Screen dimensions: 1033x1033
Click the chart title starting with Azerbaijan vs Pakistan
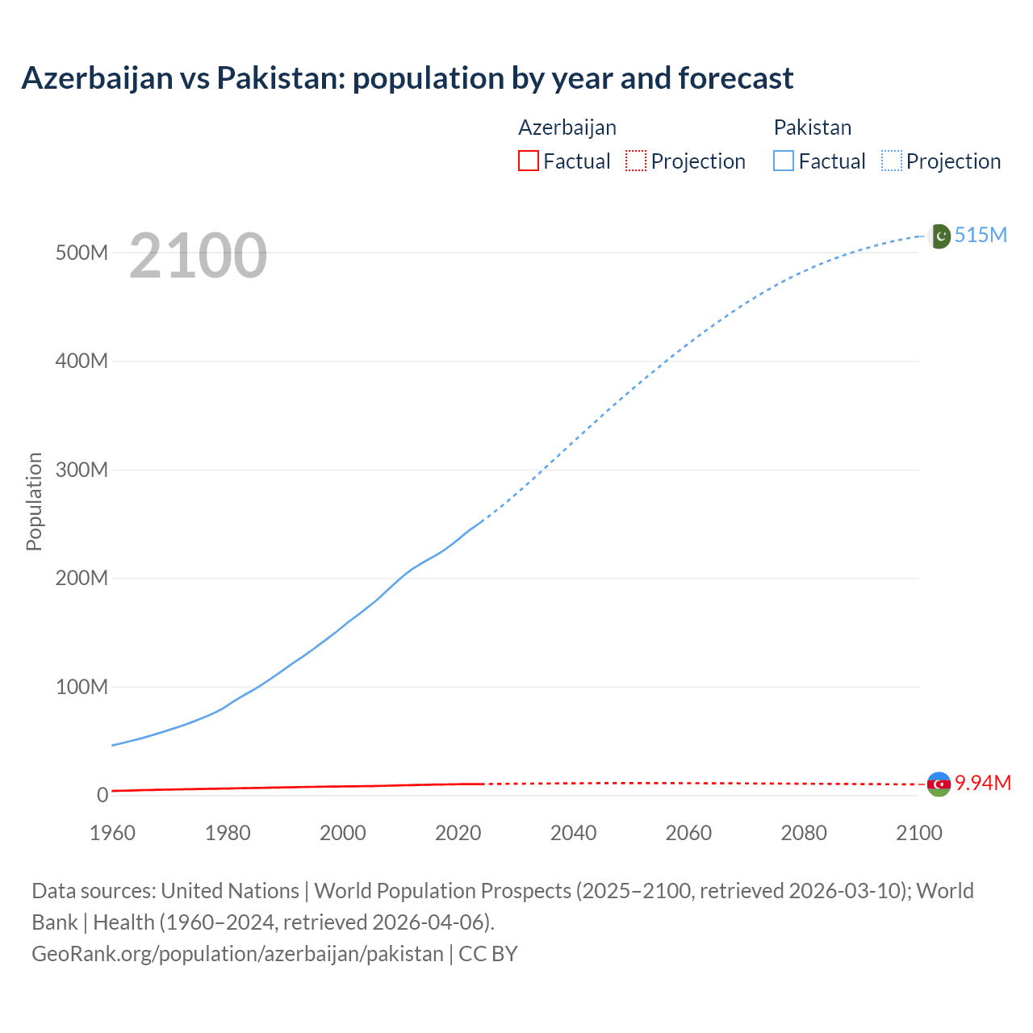pos(408,78)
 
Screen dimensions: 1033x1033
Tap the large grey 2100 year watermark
pos(198,255)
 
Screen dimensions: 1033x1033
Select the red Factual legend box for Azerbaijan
pos(528,161)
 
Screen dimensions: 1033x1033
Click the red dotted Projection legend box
pos(636,161)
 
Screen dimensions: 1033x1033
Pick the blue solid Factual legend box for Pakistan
pos(784,161)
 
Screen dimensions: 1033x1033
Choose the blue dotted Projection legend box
pos(892,161)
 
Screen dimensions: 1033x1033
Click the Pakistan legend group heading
pos(812,128)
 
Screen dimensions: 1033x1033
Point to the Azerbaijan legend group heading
pos(567,128)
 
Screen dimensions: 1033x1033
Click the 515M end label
pos(981,235)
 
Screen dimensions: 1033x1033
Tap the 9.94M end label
pos(983,783)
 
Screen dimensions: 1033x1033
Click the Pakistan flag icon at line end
pos(939,236)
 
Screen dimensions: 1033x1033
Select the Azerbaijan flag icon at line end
pos(939,784)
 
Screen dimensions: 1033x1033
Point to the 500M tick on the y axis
pos(82,253)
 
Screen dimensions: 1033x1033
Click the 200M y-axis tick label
pos(82,578)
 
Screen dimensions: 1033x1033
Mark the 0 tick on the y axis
pos(102,795)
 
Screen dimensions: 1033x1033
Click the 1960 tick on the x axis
pos(112,833)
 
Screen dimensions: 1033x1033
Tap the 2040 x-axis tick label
pos(573,833)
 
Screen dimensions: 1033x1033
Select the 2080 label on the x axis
pos(804,833)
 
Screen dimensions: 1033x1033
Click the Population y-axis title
pos(34,501)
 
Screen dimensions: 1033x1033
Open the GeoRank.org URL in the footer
pos(237,954)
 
